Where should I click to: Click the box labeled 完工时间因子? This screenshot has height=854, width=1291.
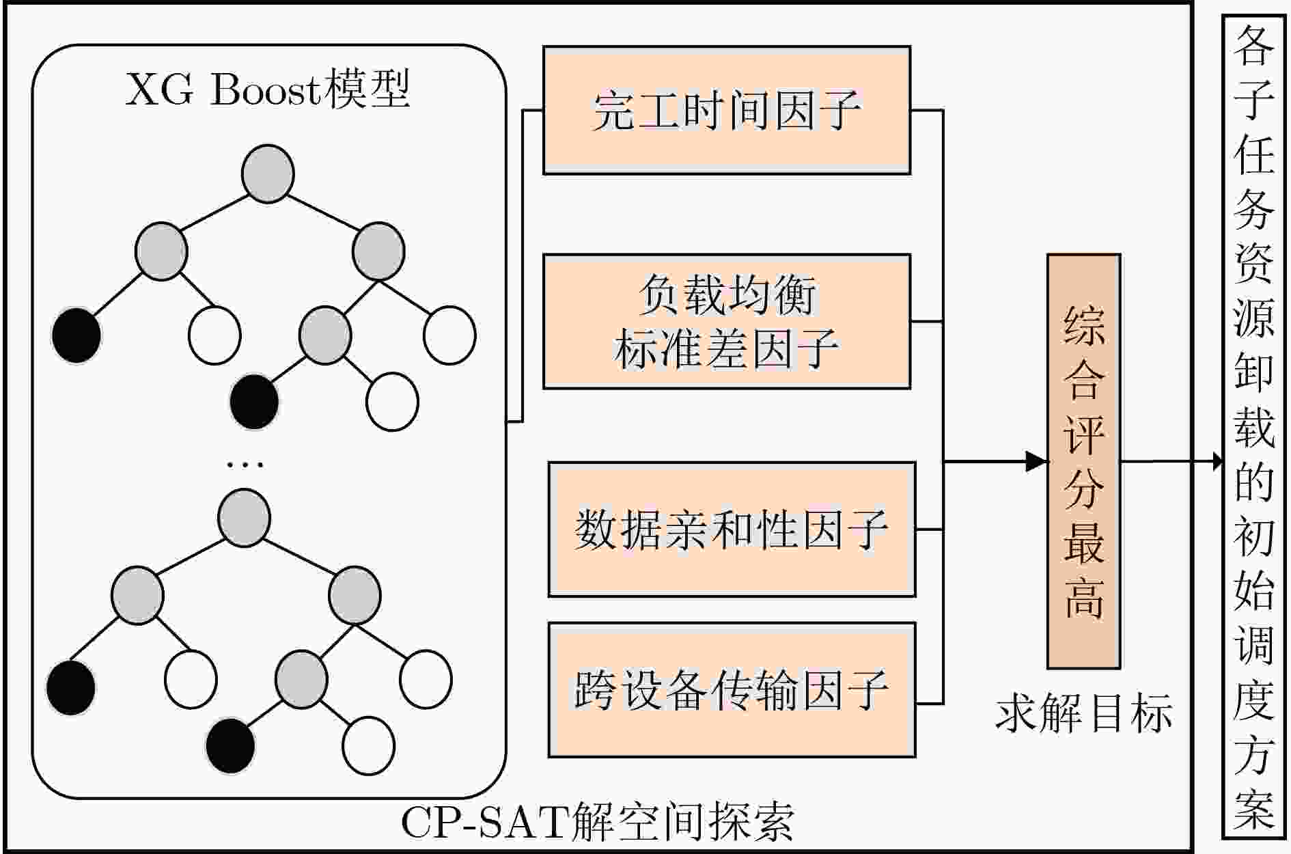click(x=726, y=110)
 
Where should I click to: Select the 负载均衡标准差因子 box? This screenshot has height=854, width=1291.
click(x=726, y=321)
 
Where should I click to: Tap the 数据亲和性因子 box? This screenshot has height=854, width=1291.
click(x=731, y=529)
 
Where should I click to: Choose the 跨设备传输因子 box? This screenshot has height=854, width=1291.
click(x=731, y=689)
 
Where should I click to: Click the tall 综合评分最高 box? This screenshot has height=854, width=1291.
click(x=1083, y=461)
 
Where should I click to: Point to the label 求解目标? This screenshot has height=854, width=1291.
click(x=1083, y=715)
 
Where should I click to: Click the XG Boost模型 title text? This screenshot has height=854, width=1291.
click(x=268, y=89)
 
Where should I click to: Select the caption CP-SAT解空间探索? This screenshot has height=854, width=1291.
click(x=597, y=823)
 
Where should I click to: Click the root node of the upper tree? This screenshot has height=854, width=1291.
click(x=268, y=174)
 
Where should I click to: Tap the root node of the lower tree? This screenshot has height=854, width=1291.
click(x=244, y=518)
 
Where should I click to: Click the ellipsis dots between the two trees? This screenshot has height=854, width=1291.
click(x=245, y=465)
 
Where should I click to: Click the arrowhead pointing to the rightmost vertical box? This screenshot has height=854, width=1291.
click(x=1217, y=461)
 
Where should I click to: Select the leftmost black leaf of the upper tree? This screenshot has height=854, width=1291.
click(x=77, y=335)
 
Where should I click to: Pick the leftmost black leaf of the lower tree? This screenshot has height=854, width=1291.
click(x=70, y=687)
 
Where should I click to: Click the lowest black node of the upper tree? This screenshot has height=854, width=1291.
click(x=254, y=402)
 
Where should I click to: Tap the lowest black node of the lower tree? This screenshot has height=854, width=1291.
click(x=230, y=745)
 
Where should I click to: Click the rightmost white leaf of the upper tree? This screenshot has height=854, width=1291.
click(x=449, y=335)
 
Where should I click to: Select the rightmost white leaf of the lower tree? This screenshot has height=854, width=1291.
click(x=426, y=679)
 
